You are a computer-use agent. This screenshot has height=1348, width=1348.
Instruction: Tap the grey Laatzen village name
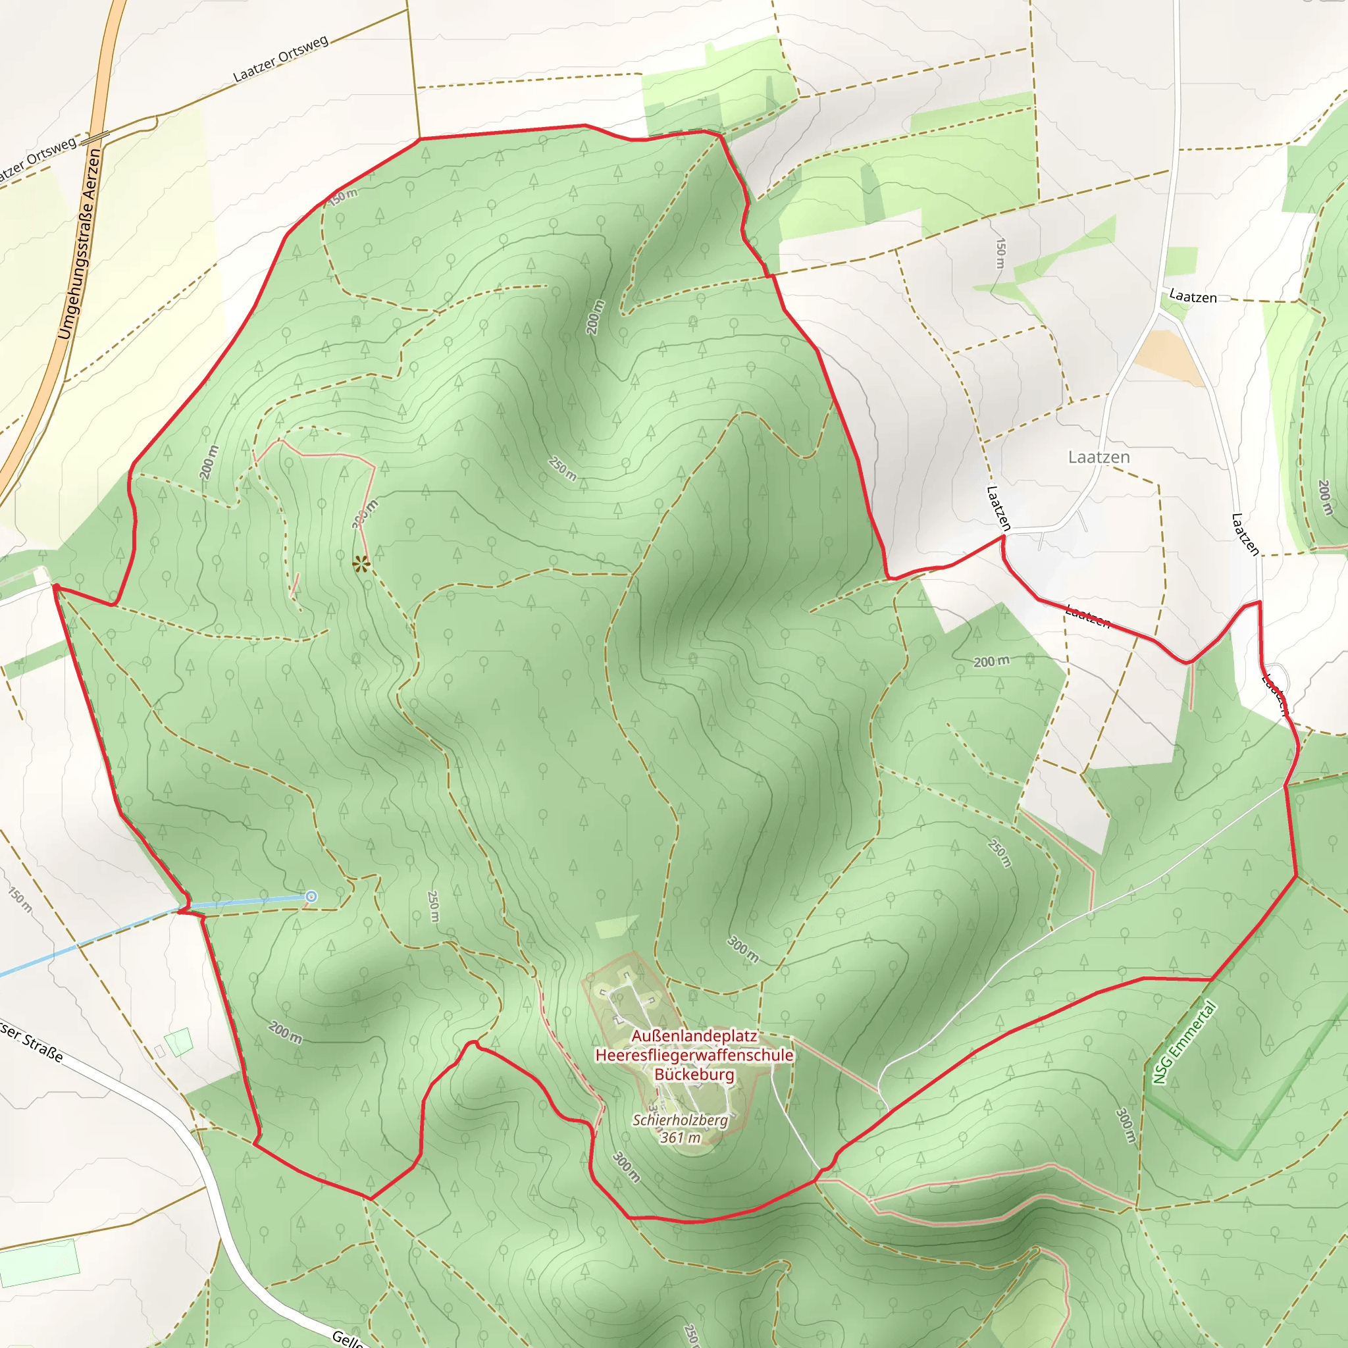point(1099,457)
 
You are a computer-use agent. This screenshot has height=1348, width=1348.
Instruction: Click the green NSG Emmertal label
point(1184,1043)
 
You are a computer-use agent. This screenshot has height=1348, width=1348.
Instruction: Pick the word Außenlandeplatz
point(694,1035)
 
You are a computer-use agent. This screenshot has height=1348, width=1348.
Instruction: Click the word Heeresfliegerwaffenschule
point(694,1055)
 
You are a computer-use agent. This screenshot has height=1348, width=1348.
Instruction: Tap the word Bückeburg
point(694,1074)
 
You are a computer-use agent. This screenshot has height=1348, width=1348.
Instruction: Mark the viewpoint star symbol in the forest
point(360,564)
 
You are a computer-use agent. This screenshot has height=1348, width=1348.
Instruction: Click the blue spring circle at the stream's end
point(311,896)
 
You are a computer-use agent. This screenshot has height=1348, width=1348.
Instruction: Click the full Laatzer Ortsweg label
point(280,59)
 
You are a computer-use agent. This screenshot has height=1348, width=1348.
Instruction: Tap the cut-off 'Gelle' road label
point(347,1338)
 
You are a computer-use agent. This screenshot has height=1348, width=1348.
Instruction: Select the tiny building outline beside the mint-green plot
point(160,1050)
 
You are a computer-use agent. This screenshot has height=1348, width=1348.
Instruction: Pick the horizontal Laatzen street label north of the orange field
point(1193,297)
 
